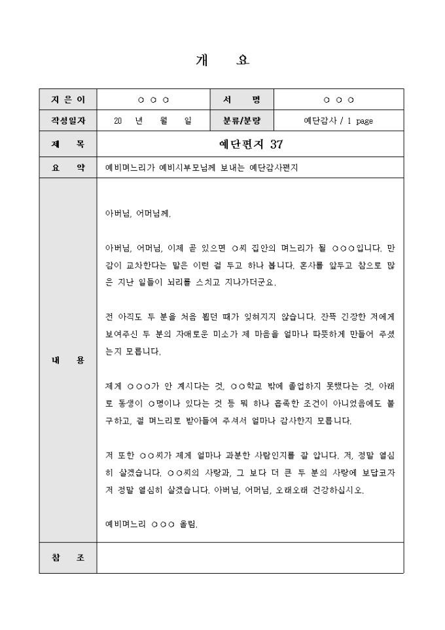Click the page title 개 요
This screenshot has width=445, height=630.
point(222,61)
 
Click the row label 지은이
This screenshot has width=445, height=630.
point(68,100)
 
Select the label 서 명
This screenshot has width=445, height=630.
point(241,100)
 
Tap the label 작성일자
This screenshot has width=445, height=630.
point(68,121)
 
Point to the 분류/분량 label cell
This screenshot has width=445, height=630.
point(241,121)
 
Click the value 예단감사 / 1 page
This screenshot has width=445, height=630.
point(338,121)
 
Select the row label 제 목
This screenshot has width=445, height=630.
point(68,144)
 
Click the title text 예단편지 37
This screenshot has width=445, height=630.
point(251,144)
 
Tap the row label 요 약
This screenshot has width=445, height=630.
point(68,168)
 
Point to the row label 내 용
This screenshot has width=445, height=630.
point(68,360)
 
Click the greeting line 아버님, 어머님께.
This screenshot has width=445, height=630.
point(138,213)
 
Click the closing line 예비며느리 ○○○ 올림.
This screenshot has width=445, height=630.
point(151,524)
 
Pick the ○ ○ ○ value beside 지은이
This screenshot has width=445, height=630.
point(154,100)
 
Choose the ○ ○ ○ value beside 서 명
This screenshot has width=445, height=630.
point(338,100)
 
